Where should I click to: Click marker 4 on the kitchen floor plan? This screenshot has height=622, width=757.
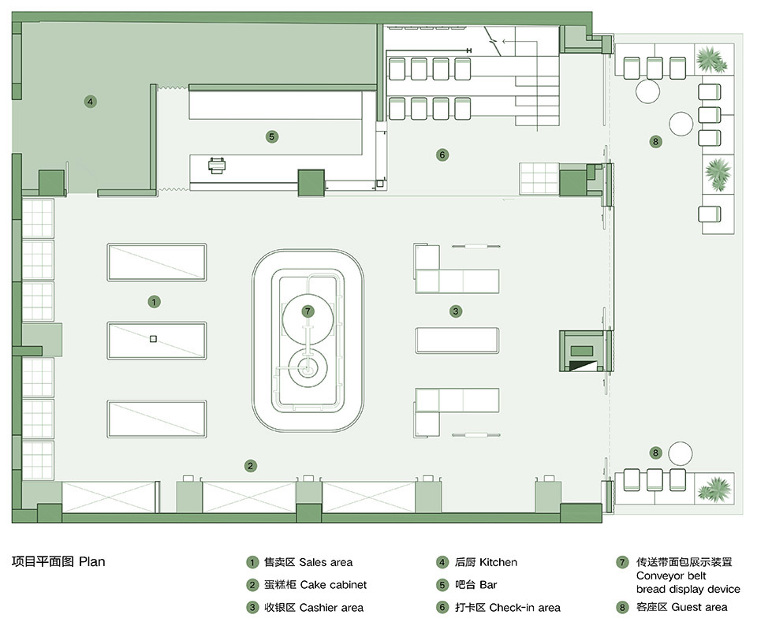point(91,102)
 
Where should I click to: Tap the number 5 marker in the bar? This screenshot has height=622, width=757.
point(271,136)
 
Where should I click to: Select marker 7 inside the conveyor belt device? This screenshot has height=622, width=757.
point(308,311)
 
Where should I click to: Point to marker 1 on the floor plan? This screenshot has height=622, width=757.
point(155,301)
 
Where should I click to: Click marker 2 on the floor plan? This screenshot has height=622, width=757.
point(250,466)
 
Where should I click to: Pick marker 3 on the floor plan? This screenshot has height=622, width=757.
point(455,311)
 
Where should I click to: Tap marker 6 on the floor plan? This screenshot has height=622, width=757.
point(442,155)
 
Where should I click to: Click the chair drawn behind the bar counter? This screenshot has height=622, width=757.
point(218,165)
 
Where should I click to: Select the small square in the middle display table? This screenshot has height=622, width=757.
point(154,339)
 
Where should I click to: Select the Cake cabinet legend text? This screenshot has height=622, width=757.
point(333,585)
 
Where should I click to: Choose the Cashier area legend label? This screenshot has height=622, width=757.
point(331,608)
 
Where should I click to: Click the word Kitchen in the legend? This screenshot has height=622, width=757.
point(498,563)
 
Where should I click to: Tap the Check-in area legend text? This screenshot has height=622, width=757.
point(524,608)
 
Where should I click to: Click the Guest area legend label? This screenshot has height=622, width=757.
point(699,608)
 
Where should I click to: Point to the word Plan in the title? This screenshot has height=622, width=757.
point(92,562)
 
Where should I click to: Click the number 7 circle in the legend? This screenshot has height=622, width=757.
point(622,563)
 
